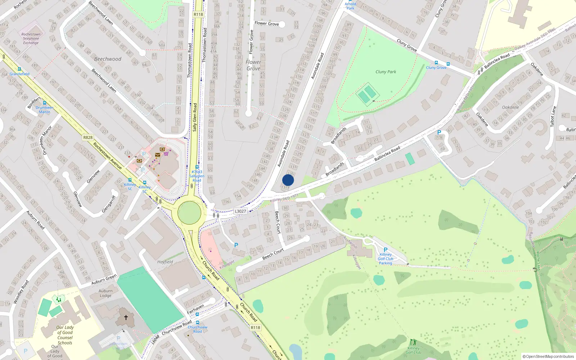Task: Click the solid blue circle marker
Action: (288, 180)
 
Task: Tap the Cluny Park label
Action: (386, 72)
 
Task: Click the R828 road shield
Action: (88, 137)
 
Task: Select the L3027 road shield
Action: (240, 211)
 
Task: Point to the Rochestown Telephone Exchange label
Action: (31, 39)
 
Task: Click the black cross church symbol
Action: (126, 318)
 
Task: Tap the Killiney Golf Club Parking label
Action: (386, 258)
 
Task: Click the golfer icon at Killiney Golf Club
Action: (413, 342)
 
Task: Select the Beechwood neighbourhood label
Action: (108, 59)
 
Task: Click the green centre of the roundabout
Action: (189, 213)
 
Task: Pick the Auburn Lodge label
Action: (105, 293)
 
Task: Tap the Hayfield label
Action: (165, 262)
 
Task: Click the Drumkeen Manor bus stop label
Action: (45, 109)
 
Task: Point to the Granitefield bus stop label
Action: (19, 74)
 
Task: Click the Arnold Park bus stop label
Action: (350, 6)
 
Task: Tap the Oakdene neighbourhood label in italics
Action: (510, 107)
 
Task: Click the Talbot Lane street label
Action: (553, 116)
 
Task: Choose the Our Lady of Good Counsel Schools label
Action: (65, 335)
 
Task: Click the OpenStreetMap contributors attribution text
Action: (548, 356)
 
